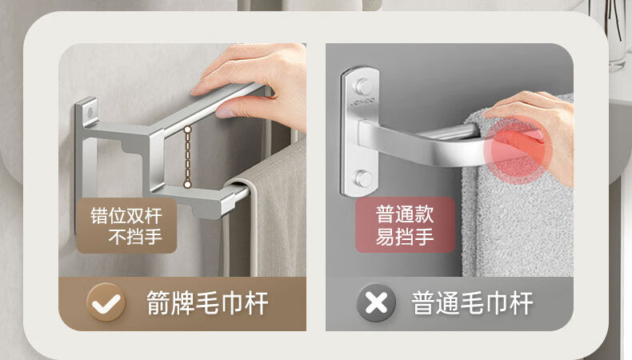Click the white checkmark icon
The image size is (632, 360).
coord(106,302)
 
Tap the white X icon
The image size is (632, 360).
coord(376,302)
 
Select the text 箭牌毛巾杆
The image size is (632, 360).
coord(207,302)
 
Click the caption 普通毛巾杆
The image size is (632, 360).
coord(472,302)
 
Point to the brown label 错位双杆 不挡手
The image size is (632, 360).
coord(126,226)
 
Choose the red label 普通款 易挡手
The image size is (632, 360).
coord(405,225)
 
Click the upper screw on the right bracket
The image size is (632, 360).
coord(363,86)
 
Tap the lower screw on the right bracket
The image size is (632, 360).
coord(363,179)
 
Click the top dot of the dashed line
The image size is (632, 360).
coord(187,130)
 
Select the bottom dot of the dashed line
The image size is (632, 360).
coord(187,185)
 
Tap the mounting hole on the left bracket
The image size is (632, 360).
coord(90,110)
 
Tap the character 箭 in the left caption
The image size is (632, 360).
coord(158,303)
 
